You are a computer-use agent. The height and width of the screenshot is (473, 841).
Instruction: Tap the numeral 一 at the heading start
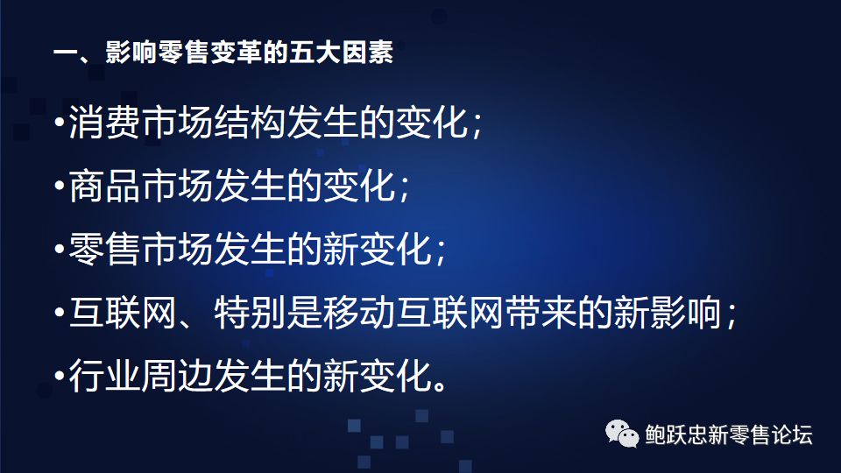tap(66, 53)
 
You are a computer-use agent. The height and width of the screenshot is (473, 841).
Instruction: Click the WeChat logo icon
tap(622, 434)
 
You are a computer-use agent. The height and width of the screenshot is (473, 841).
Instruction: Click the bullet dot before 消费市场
tap(59, 122)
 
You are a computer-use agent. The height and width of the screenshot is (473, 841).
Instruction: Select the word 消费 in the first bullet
tap(105, 123)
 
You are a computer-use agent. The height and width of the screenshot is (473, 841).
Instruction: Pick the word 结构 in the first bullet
tap(250, 123)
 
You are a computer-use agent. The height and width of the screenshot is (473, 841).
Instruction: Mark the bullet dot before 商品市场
tap(59, 186)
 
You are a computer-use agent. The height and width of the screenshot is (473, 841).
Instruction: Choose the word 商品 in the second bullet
tap(105, 186)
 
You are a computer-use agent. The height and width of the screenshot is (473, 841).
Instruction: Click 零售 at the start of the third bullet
tap(105, 249)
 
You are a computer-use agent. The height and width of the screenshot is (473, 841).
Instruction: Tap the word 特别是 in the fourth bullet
tap(268, 312)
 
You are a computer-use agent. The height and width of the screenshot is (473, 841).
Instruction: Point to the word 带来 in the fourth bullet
tap(541, 312)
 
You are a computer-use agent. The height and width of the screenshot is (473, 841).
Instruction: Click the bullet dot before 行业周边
tap(59, 376)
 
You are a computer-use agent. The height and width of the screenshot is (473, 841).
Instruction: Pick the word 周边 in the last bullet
tap(177, 376)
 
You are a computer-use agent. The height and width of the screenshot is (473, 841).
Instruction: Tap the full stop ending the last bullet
tap(440, 385)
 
